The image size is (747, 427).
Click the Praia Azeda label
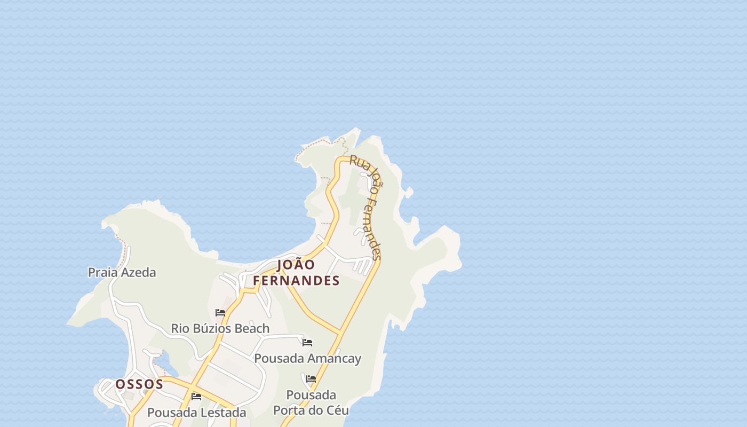pyautogui.click(x=122, y=272)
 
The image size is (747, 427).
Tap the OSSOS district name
pyautogui.click(x=139, y=384)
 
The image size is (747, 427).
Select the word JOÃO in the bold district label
pyautogui.click(x=296, y=265)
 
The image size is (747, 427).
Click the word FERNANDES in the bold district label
pyautogui.click(x=296, y=281)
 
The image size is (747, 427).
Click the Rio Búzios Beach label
pyautogui.click(x=220, y=328)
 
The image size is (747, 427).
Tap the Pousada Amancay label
pyautogui.click(x=307, y=358)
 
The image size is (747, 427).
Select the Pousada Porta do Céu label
pyautogui.click(x=311, y=402)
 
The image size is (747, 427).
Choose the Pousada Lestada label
pyautogui.click(x=196, y=413)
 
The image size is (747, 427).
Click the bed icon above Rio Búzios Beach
pyautogui.click(x=220, y=313)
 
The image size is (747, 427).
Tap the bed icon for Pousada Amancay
pyautogui.click(x=307, y=343)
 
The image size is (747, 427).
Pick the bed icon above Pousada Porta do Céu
pyautogui.click(x=311, y=379)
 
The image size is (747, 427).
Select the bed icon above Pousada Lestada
pyautogui.click(x=196, y=397)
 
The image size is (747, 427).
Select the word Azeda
pyautogui.click(x=138, y=272)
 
